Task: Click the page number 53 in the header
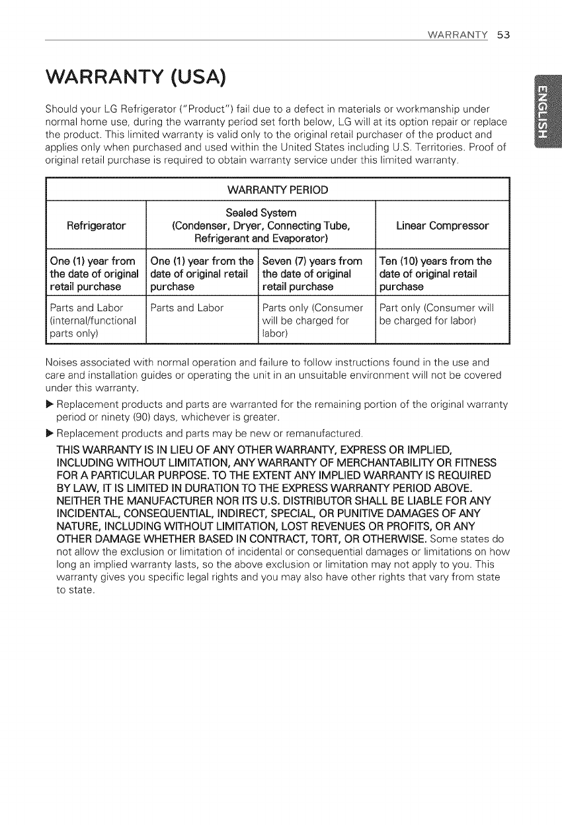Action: point(503,34)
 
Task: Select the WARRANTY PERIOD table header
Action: point(278,191)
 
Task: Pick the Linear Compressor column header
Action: point(442,225)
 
